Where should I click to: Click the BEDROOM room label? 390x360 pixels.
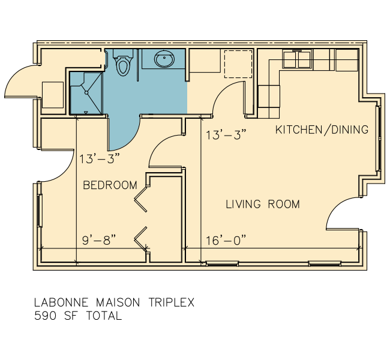(x=110, y=185)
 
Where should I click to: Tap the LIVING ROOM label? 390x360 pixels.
(x=263, y=204)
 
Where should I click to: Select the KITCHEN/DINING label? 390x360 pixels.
(x=322, y=130)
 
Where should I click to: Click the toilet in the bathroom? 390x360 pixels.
(x=123, y=62)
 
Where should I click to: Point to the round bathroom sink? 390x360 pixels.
(x=164, y=59)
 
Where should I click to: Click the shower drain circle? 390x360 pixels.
(x=86, y=92)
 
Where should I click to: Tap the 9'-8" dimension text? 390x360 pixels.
(x=99, y=240)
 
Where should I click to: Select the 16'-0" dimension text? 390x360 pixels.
(x=226, y=240)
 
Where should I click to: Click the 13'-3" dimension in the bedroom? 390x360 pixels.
(x=100, y=158)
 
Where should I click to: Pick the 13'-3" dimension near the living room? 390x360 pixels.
(x=226, y=135)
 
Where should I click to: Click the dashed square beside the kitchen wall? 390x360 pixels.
(x=238, y=64)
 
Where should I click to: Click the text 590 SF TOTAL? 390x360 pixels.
(x=78, y=316)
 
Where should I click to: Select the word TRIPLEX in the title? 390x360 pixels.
(x=172, y=302)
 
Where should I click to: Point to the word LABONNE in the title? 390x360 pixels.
(x=61, y=302)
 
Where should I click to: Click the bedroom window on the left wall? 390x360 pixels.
(x=40, y=211)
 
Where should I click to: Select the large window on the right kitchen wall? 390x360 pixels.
(x=379, y=139)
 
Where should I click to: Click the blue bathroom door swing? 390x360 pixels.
(x=124, y=133)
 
